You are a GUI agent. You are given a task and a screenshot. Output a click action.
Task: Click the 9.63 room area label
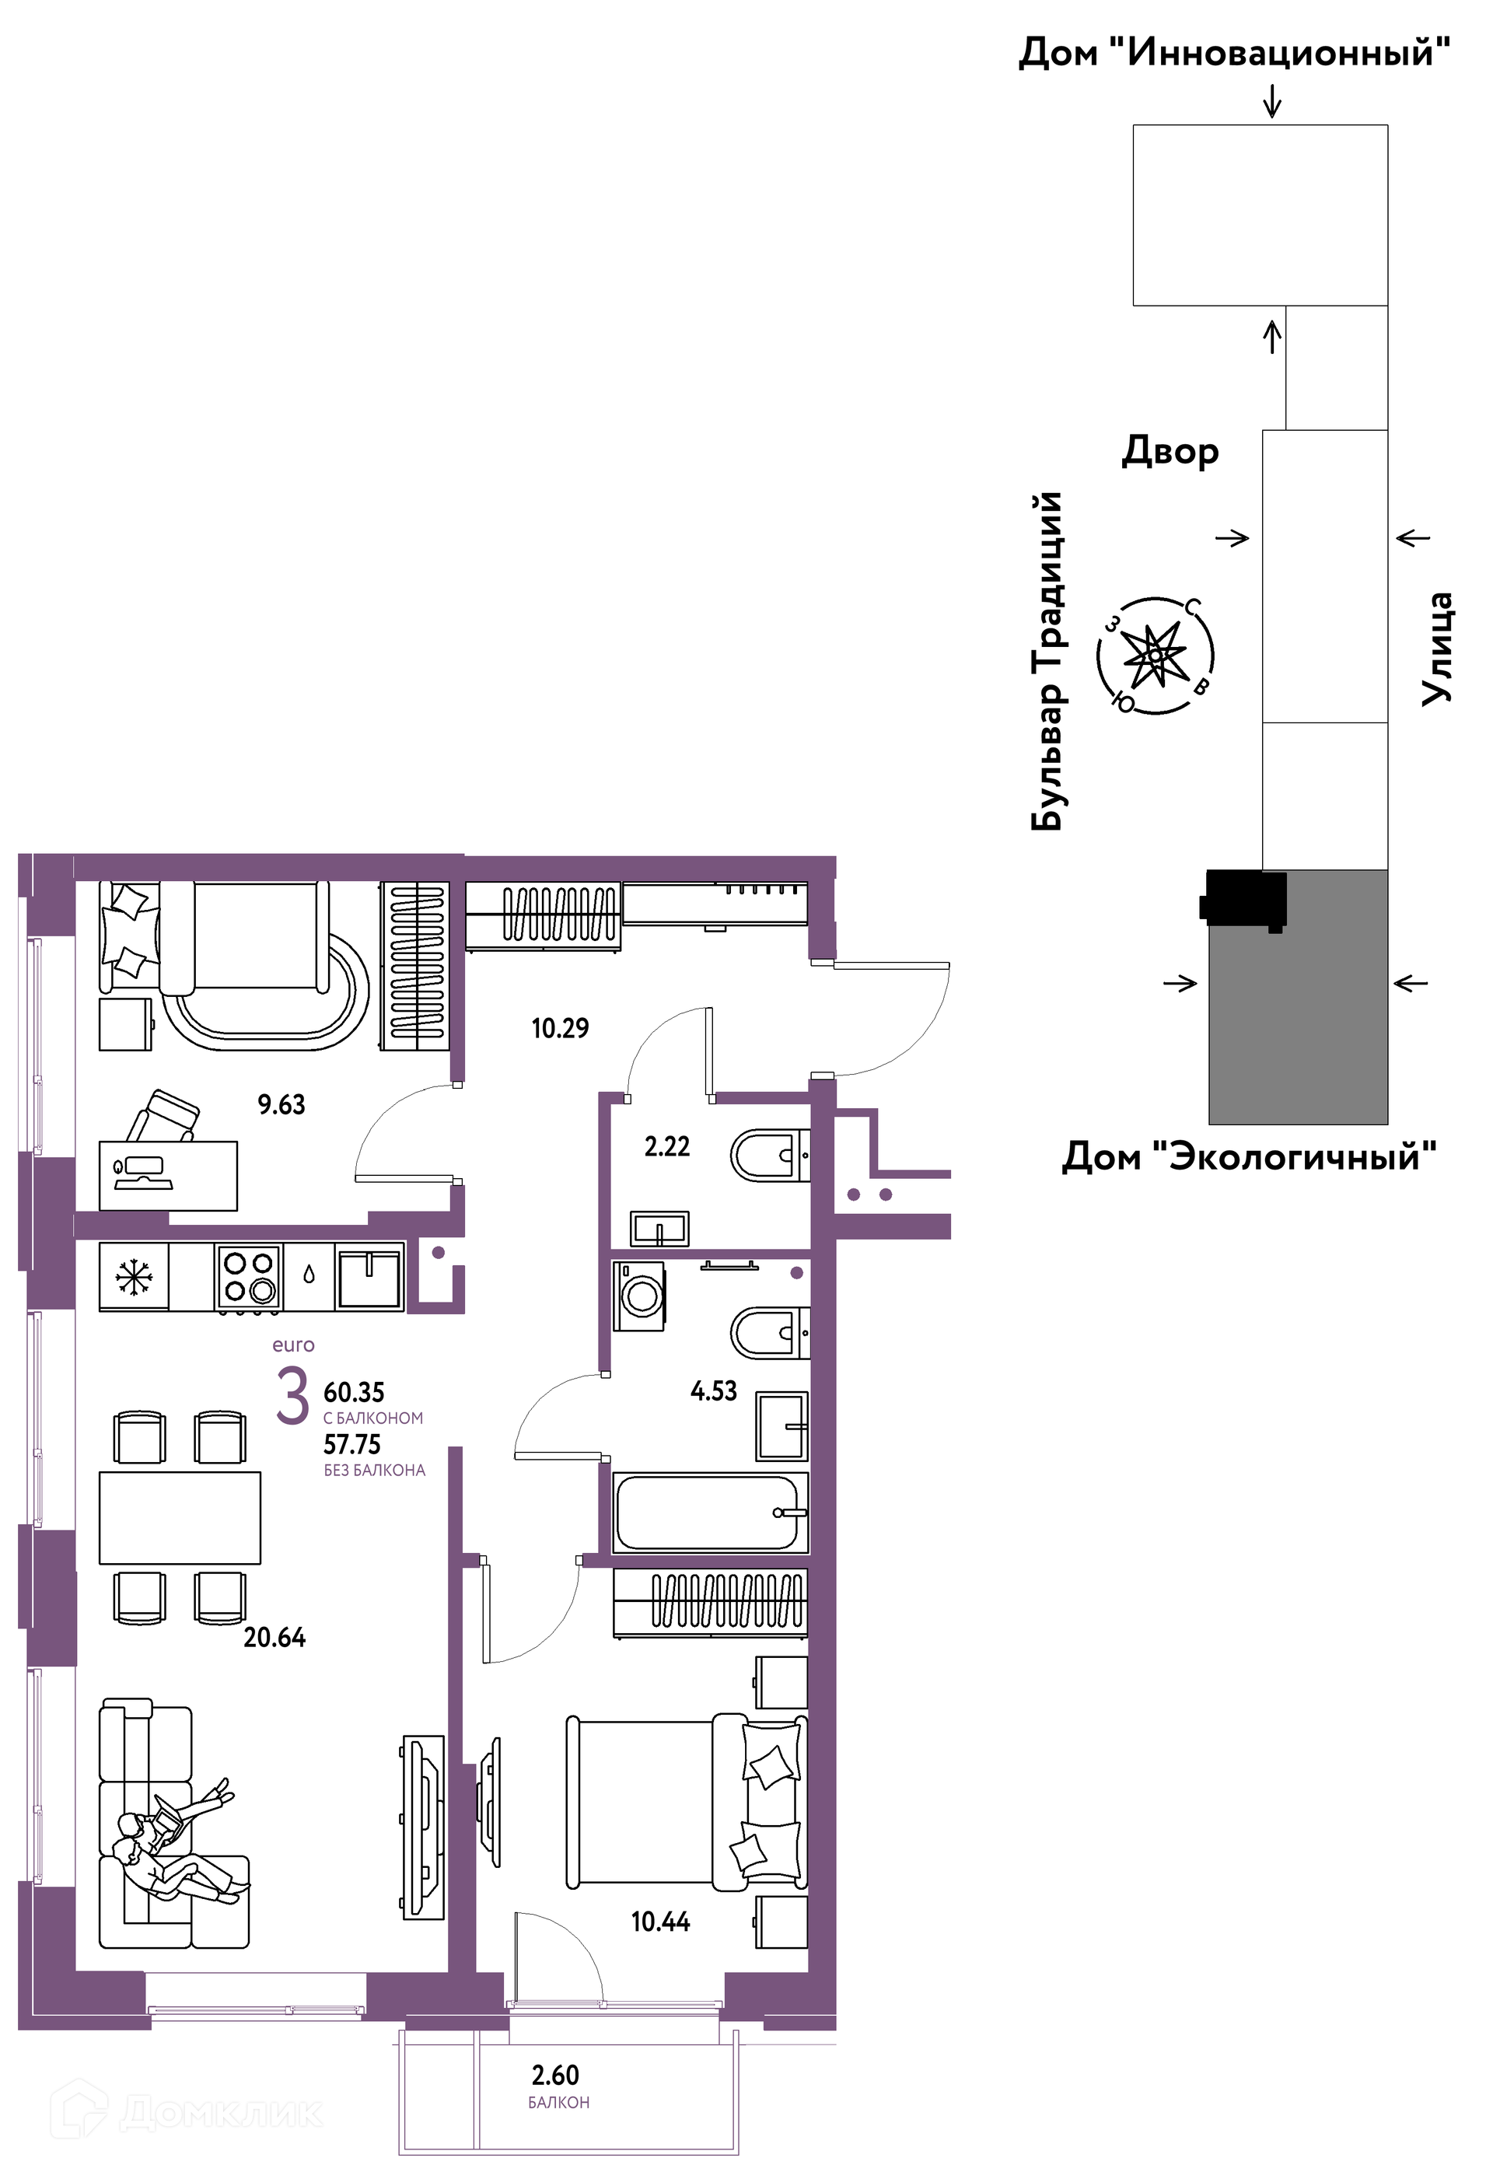pyautogui.click(x=281, y=1104)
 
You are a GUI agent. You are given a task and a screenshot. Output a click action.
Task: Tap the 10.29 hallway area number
pyautogui.click(x=560, y=1029)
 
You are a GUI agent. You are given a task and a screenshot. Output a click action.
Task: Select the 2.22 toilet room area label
pyautogui.click(x=666, y=1147)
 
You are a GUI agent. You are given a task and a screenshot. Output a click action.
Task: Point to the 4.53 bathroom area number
pyautogui.click(x=714, y=1390)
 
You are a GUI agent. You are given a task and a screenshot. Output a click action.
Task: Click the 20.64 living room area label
pyautogui.click(x=274, y=1637)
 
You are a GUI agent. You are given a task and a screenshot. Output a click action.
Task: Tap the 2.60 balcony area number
pyautogui.click(x=555, y=2075)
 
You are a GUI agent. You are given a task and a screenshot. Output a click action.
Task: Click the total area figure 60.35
pyautogui.click(x=354, y=1392)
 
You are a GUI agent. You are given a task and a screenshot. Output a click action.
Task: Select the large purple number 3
pyautogui.click(x=292, y=1396)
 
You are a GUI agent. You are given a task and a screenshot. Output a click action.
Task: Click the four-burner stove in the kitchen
pyautogui.click(x=249, y=1277)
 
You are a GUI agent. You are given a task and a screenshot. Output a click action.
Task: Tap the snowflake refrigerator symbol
pyautogui.click(x=133, y=1277)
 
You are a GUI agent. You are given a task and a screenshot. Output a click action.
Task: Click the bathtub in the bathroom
pyautogui.click(x=710, y=1513)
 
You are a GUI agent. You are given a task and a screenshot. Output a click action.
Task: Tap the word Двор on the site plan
pyautogui.click(x=1170, y=453)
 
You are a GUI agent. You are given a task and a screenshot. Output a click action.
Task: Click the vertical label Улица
pyautogui.click(x=1435, y=648)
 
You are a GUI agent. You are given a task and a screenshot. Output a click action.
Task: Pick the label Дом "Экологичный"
pyautogui.click(x=1248, y=1156)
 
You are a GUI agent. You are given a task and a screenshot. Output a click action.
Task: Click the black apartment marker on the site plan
pyautogui.click(x=1243, y=900)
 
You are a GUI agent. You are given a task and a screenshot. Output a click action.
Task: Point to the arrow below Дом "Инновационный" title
pyautogui.click(x=1271, y=101)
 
